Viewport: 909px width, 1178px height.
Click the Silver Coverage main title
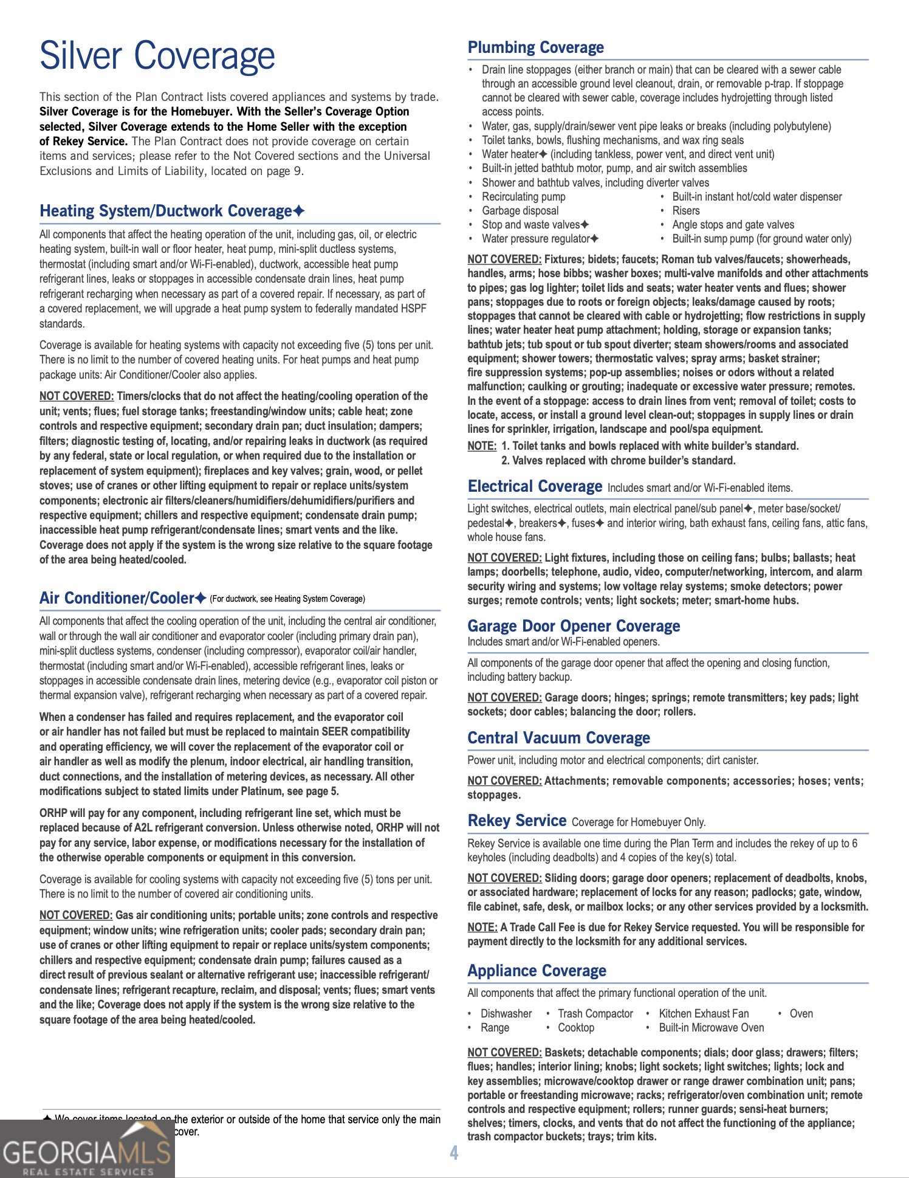click(x=157, y=56)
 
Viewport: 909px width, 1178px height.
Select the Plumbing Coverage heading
click(x=535, y=47)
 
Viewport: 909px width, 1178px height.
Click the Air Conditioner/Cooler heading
click(x=116, y=598)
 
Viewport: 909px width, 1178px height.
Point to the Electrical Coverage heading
click(x=534, y=486)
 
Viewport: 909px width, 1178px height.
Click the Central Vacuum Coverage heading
click(x=558, y=738)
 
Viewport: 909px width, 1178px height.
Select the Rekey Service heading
click(x=516, y=821)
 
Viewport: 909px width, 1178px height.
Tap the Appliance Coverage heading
click(x=537, y=971)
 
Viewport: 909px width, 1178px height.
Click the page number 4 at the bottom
click(x=454, y=1152)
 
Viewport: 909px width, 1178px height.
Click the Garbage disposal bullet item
click(x=520, y=211)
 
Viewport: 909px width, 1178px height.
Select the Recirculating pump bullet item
click(x=523, y=197)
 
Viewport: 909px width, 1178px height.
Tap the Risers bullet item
click(x=686, y=211)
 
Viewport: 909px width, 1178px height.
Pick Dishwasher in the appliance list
click(x=506, y=1013)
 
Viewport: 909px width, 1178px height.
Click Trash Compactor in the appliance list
click(x=595, y=1013)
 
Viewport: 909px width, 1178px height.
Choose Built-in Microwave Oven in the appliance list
click(x=711, y=1028)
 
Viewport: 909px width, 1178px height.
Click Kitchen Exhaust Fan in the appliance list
click(x=704, y=1013)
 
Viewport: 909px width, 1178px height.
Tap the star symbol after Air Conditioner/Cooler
click(x=201, y=599)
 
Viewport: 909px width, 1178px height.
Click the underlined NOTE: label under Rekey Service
click(x=482, y=927)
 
